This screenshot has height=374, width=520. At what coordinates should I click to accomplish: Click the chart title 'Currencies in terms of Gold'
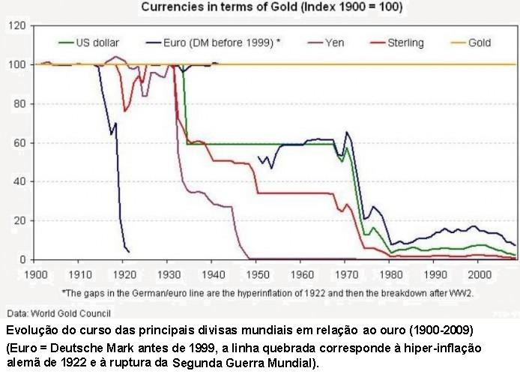point(261,8)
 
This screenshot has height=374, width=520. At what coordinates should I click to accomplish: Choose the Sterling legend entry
point(405,42)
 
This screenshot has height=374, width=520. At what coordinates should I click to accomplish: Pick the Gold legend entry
point(480,42)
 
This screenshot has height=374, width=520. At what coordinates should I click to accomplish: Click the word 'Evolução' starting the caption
point(28,331)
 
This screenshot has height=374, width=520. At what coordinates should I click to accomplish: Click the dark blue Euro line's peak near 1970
point(347,133)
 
